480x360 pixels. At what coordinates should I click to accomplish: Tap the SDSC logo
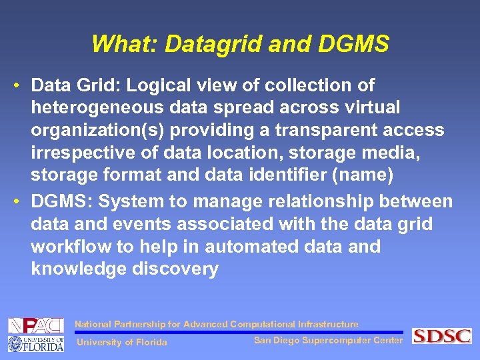(x=442, y=336)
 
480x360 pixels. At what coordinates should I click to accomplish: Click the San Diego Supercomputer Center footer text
(x=328, y=341)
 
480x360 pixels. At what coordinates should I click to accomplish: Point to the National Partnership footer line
(x=216, y=324)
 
